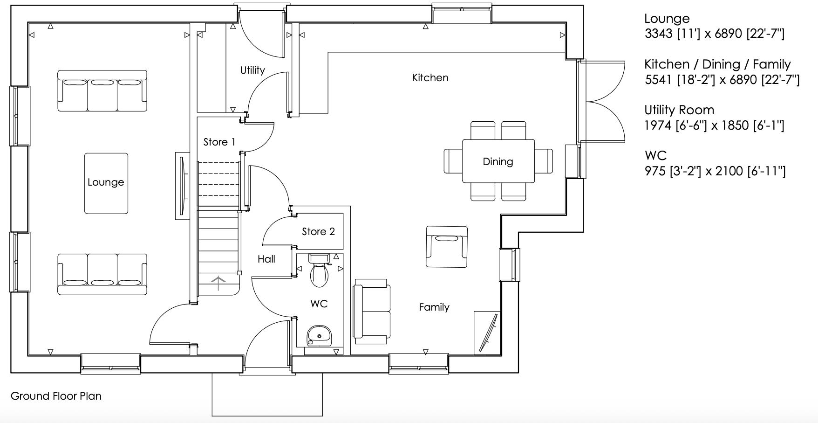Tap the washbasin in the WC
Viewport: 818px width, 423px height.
[x=319, y=335]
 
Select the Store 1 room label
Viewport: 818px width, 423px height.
[x=219, y=142]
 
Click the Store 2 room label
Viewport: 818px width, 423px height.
[x=318, y=231]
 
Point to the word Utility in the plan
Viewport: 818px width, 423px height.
[x=252, y=70]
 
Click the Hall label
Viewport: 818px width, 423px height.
[x=266, y=259]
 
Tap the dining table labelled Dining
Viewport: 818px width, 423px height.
[x=498, y=161]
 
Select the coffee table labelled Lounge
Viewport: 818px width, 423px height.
[x=106, y=183]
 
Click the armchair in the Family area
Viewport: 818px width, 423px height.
[x=446, y=247]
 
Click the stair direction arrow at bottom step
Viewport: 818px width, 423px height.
[x=218, y=283]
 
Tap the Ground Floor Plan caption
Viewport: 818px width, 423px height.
[x=56, y=396]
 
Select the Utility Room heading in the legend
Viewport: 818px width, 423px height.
[x=679, y=110]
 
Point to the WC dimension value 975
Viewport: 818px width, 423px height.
[x=654, y=171]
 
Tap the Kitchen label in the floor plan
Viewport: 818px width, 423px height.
[x=430, y=77]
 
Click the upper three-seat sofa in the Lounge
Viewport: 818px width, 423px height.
[x=102, y=90]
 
